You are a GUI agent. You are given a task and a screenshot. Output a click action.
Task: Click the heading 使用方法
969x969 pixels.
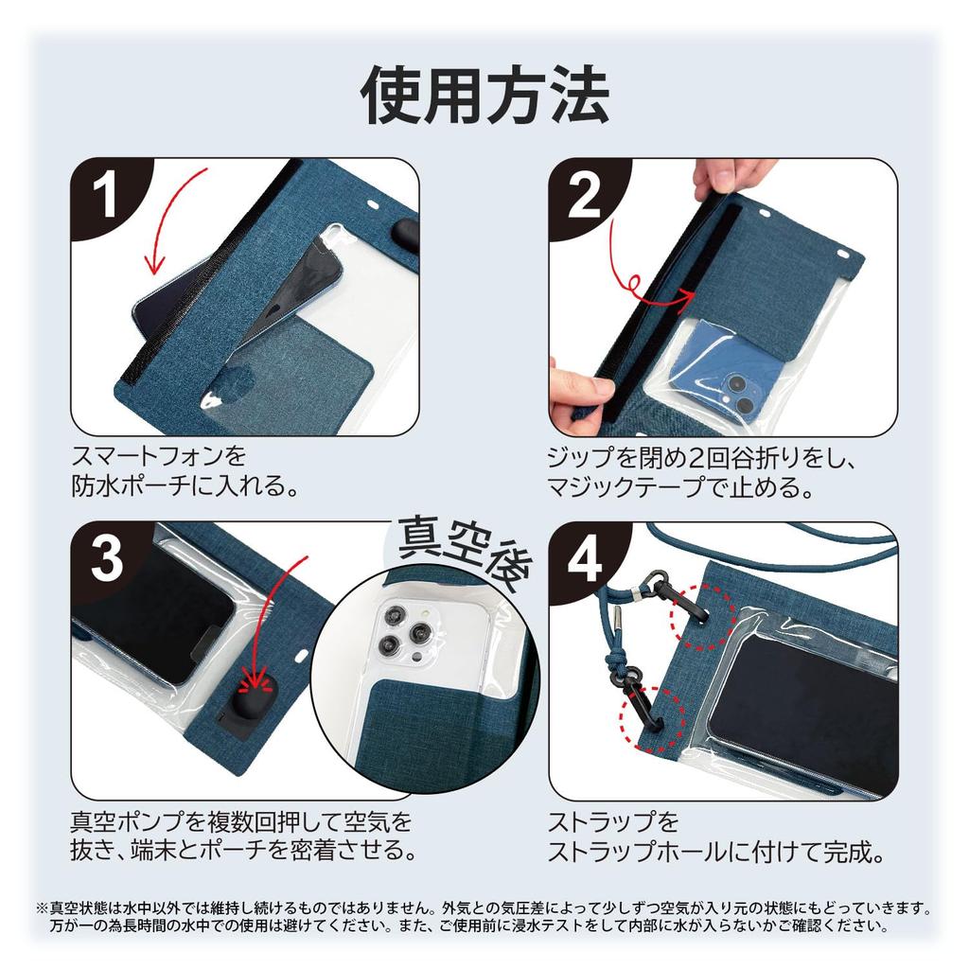[484, 95]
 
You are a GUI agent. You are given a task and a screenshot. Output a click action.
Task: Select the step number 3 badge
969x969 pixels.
[106, 560]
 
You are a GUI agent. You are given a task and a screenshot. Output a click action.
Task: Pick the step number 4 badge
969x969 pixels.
[584, 560]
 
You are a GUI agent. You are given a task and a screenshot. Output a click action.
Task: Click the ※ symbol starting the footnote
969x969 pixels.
[43, 907]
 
